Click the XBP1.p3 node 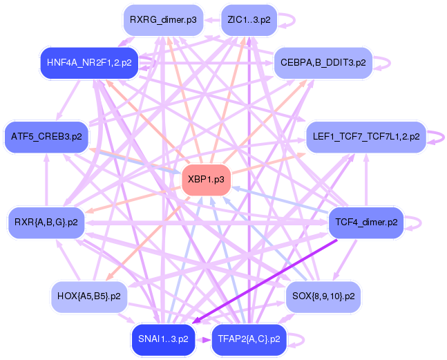(x=205, y=180)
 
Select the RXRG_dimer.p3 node (x=162, y=20)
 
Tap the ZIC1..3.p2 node (x=249, y=20)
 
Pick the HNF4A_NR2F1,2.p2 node (x=89, y=62)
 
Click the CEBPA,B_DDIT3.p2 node (x=323, y=62)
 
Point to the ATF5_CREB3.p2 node (x=46, y=136)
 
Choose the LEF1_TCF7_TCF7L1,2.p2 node (x=365, y=137)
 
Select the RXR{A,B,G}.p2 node (x=46, y=222)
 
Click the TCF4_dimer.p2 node (x=365, y=222)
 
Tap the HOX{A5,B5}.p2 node (x=86, y=296)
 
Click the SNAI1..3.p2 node (x=163, y=339)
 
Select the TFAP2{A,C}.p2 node (x=249, y=339)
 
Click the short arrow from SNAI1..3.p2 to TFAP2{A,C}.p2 (x=203, y=339)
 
